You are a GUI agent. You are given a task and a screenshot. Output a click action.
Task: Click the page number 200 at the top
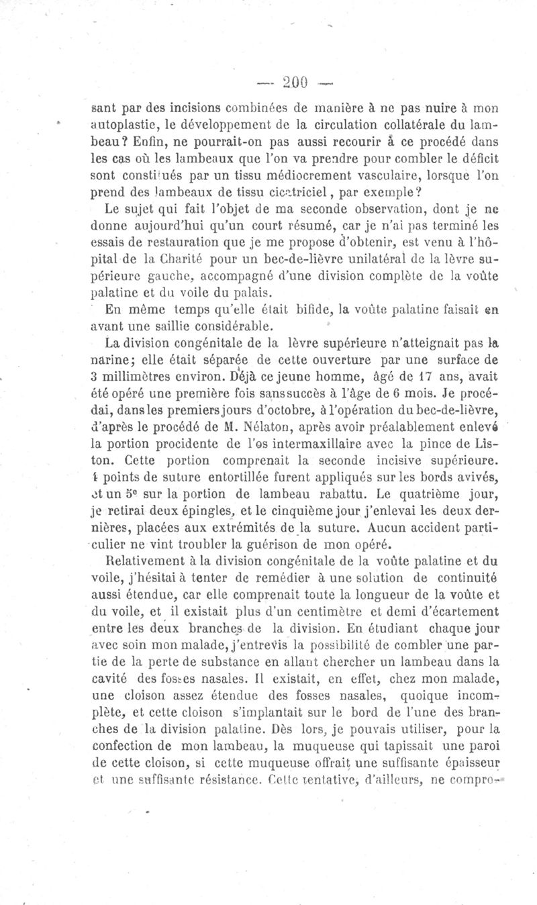pos(294,82)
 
